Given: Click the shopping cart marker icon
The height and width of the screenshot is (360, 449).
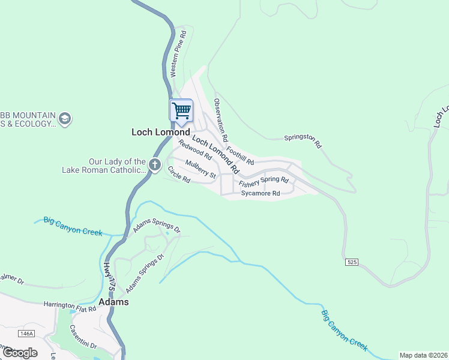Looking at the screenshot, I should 181,110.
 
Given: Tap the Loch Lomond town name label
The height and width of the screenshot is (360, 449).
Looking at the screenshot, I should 160,132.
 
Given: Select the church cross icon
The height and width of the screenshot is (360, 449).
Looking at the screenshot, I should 154,165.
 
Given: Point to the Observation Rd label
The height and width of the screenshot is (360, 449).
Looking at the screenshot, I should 221,120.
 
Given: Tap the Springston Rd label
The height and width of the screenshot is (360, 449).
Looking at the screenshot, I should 303,141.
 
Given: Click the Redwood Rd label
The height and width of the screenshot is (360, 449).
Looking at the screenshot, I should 195,150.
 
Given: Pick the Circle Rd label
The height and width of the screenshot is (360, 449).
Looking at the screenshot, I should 179,175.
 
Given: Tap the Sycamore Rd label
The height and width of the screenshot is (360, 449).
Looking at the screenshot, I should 261,194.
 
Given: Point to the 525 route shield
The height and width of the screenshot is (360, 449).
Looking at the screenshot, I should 352,262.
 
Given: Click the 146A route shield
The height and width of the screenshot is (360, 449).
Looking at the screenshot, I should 26,333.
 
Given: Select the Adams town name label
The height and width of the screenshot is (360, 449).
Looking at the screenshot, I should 113,302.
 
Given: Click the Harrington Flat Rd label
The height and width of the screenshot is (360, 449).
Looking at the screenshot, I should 70,307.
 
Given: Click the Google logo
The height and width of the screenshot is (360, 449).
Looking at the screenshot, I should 20,352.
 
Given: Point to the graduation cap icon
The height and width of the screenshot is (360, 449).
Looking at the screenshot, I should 65,119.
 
